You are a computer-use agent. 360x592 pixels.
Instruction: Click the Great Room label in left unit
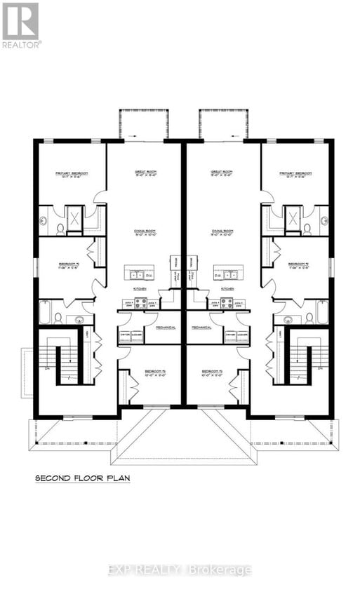(x=145, y=173)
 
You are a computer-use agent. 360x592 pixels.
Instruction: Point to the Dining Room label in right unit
(x=222, y=232)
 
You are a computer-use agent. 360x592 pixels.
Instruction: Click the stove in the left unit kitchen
(x=140, y=304)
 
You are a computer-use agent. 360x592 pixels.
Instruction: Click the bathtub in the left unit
(x=44, y=312)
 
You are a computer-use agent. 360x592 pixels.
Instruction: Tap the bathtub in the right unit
(x=322, y=312)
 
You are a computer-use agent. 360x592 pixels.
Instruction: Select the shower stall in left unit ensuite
(x=74, y=216)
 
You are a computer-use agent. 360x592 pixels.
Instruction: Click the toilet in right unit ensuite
(x=307, y=227)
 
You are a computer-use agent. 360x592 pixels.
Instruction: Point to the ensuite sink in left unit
(x=44, y=221)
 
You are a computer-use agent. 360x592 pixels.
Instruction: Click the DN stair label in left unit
(x=46, y=368)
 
